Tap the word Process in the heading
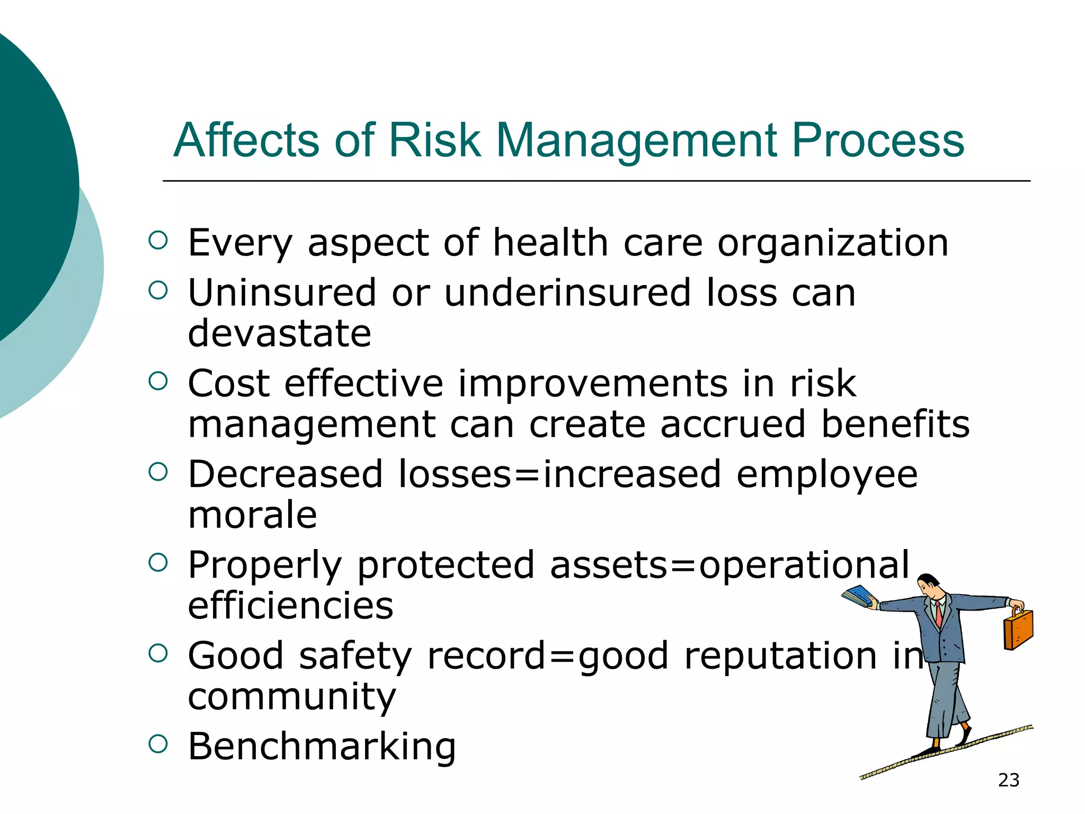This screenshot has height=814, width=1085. (x=878, y=141)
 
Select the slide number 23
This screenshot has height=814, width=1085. (x=1009, y=780)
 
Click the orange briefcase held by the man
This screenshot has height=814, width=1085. (x=1018, y=630)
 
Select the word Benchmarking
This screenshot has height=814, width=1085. (x=322, y=746)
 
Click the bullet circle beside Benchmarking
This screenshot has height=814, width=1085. (x=158, y=744)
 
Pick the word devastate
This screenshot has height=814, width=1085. (x=280, y=333)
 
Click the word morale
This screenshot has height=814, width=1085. (x=253, y=515)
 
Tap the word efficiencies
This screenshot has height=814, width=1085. (x=290, y=606)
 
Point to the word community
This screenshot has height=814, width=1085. (x=292, y=697)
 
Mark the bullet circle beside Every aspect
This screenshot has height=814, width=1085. (x=158, y=240)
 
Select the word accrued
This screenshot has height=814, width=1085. (x=733, y=424)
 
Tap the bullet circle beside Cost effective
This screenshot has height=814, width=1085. (x=158, y=381)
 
